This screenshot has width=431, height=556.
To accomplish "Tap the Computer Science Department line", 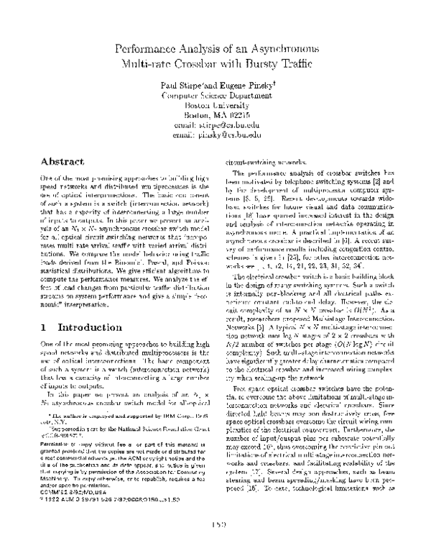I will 215,95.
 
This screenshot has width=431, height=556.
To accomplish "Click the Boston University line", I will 215,105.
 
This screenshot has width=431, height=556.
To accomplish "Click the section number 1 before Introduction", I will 36,326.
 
